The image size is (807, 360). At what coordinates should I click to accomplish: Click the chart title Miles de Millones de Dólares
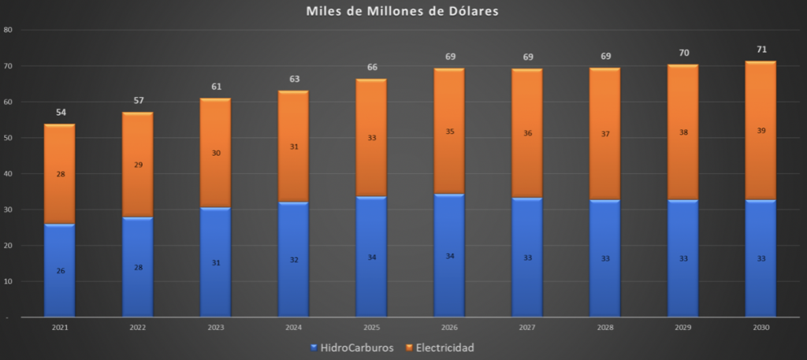pyautogui.click(x=402, y=12)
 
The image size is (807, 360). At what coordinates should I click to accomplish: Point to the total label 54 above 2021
pyautogui.click(x=61, y=113)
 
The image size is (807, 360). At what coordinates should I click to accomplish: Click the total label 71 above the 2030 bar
pyautogui.click(x=761, y=50)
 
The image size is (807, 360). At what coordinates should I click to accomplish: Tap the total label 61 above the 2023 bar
pyautogui.click(x=216, y=87)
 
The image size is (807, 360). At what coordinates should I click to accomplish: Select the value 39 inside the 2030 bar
pyautogui.click(x=761, y=131)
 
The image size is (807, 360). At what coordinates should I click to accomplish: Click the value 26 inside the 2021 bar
pyautogui.click(x=61, y=271)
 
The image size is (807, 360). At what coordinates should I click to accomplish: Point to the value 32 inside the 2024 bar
pyautogui.click(x=294, y=259)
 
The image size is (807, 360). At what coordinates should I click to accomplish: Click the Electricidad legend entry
pyautogui.click(x=441, y=347)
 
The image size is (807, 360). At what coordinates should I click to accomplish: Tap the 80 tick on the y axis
pyautogui.click(x=9, y=30)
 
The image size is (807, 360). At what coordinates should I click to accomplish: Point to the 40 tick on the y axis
pyautogui.click(x=9, y=173)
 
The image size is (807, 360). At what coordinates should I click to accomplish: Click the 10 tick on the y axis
pyautogui.click(x=9, y=281)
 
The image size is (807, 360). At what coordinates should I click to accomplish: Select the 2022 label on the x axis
pyautogui.click(x=138, y=326)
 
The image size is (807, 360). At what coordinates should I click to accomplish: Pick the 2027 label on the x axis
pyautogui.click(x=527, y=326)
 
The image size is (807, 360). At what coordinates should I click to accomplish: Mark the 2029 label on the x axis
pyautogui.click(x=683, y=326)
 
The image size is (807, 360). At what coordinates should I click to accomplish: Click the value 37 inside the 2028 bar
pyautogui.click(x=605, y=134)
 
